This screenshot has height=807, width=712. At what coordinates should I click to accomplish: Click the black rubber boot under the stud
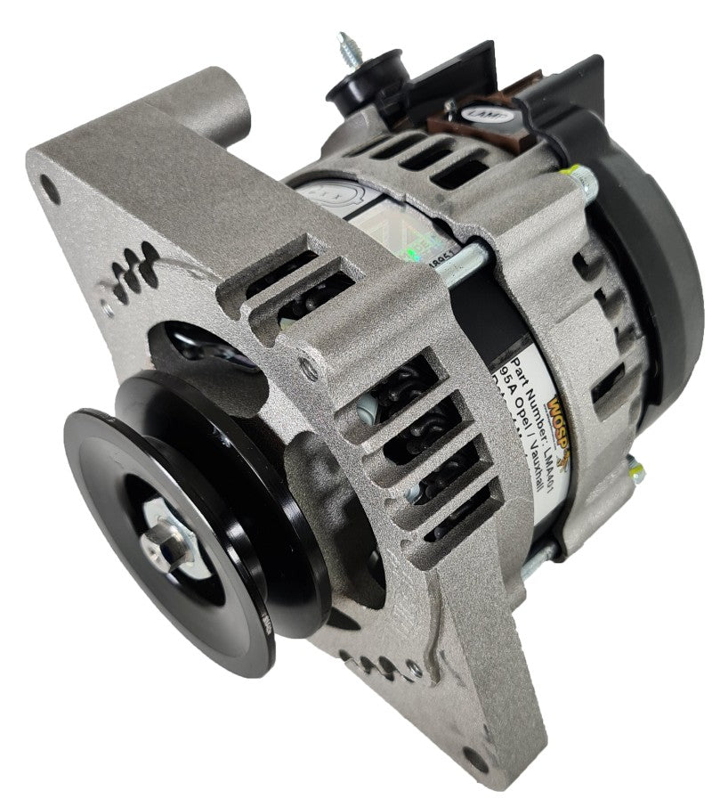click(357, 86)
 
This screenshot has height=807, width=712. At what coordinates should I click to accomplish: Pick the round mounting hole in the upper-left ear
click(52, 192)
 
